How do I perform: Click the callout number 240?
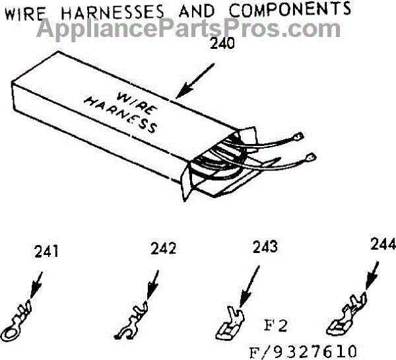coord(222,45)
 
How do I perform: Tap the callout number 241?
coord(46,251)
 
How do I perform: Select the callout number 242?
coord(162,249)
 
